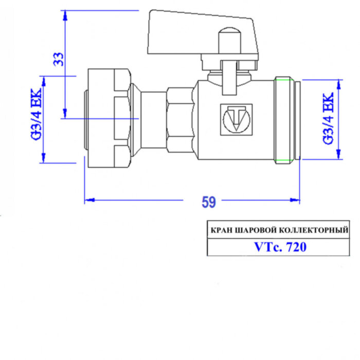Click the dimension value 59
coord(208,202)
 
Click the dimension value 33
coord(60,60)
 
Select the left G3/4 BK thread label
coord(37,119)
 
